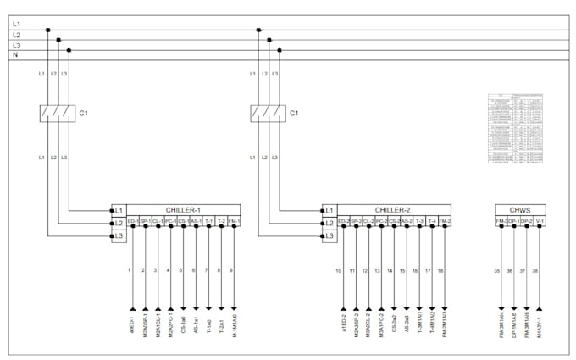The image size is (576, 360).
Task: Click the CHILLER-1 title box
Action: coord(182,209)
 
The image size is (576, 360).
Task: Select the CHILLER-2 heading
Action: coord(392,209)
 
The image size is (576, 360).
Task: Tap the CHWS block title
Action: coord(520,209)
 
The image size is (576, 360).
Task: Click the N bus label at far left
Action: coord(16,55)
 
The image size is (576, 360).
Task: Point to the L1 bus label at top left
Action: coord(16,25)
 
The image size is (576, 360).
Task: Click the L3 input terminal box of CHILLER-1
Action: coord(119,235)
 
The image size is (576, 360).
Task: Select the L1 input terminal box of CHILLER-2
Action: coord(330,209)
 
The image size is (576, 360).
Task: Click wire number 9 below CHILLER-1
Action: coord(232,270)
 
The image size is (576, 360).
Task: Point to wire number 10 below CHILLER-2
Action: coord(339,270)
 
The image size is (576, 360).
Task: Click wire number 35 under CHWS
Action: coord(496,270)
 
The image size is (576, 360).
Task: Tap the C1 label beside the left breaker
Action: coord(83,112)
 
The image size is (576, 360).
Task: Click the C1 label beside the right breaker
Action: coord(294,112)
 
